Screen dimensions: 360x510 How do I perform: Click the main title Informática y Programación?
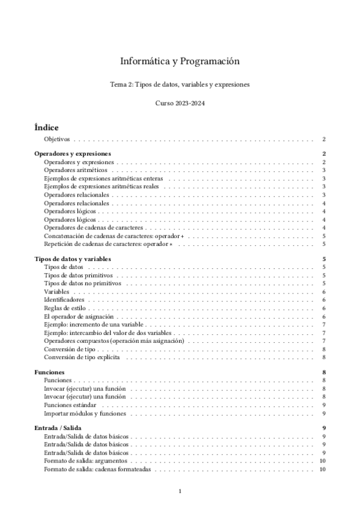click(180, 61)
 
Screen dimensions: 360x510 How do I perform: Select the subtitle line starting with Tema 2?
click(180, 85)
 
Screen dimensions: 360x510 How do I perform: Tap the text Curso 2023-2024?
click(180, 103)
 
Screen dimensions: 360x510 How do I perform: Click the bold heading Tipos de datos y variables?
click(73, 259)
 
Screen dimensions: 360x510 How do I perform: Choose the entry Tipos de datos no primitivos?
click(83, 283)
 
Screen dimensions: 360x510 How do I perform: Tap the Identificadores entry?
click(64, 300)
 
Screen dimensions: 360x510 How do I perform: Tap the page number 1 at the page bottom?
click(180, 491)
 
